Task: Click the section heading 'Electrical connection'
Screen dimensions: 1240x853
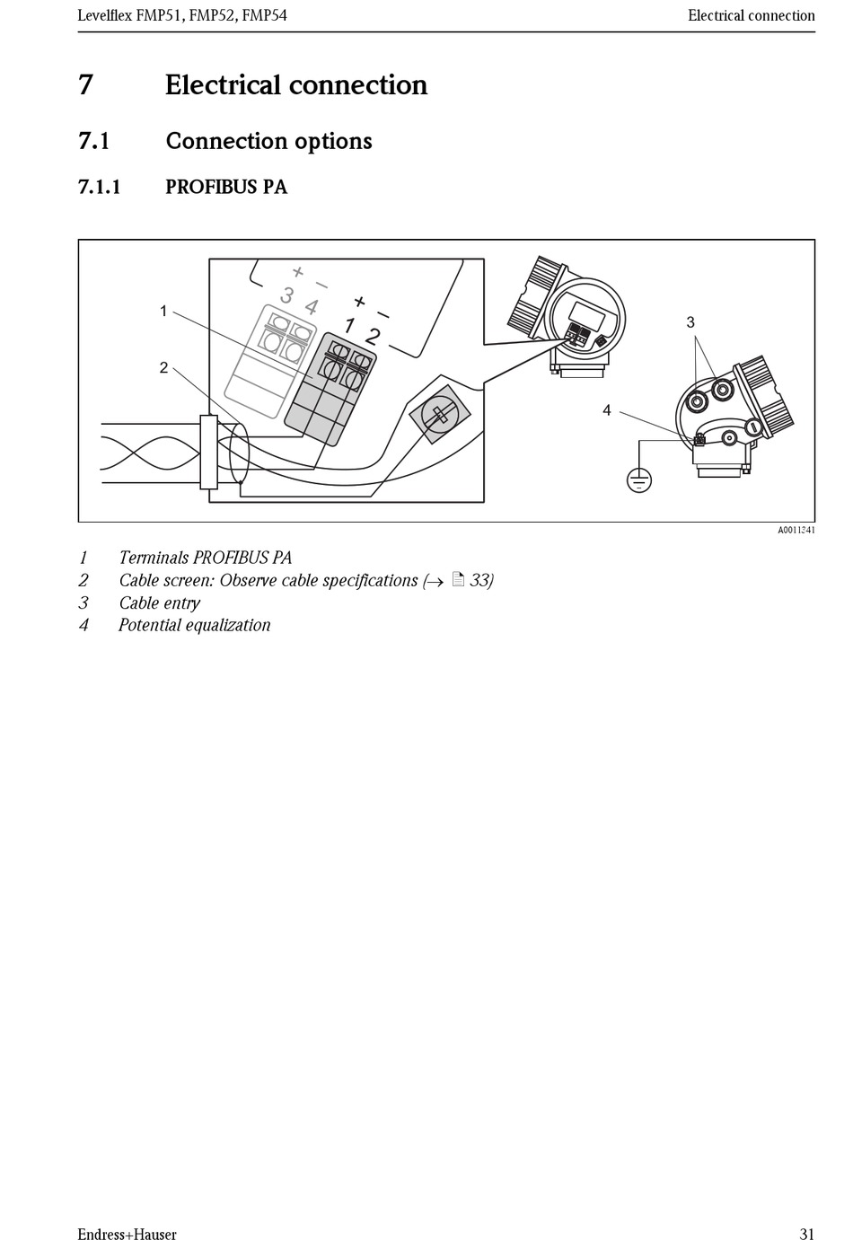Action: pyautogui.click(x=295, y=85)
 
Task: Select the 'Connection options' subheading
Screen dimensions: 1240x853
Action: pyautogui.click(x=268, y=141)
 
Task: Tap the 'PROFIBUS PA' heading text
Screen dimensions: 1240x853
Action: pyautogui.click(x=226, y=188)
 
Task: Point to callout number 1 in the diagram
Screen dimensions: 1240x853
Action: pyautogui.click(x=163, y=311)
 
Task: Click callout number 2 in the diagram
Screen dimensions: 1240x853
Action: pyautogui.click(x=163, y=367)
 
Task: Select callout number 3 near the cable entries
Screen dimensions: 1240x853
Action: pyautogui.click(x=690, y=321)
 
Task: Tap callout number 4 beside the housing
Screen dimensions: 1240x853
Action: pyautogui.click(x=607, y=410)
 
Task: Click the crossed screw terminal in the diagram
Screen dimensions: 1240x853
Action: pyautogui.click(x=440, y=415)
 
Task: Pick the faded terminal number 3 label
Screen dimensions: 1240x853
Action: pyautogui.click(x=287, y=295)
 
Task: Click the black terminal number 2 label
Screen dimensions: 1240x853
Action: pyautogui.click(x=373, y=337)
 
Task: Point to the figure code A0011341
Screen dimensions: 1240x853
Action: pyautogui.click(x=796, y=531)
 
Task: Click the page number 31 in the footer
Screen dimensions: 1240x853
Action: pyautogui.click(x=806, y=1235)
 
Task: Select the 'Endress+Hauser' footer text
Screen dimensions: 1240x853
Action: pyautogui.click(x=127, y=1235)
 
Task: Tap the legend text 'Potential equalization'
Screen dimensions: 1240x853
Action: pyautogui.click(x=194, y=625)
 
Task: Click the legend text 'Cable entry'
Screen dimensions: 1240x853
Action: pyautogui.click(x=159, y=603)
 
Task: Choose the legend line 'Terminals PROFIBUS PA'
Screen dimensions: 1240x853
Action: pyautogui.click(x=205, y=558)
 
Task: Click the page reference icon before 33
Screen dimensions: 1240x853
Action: pyautogui.click(x=458, y=580)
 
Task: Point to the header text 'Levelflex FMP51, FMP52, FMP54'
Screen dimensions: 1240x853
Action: pyautogui.click(x=182, y=15)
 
